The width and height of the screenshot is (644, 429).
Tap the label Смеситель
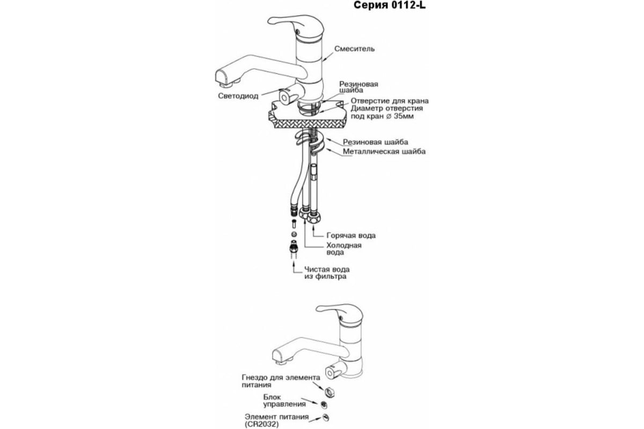coord(354,49)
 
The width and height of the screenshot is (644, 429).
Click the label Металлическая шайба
coord(385,152)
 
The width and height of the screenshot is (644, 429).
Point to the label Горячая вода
coord(352,235)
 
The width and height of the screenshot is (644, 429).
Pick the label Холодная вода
coord(344,249)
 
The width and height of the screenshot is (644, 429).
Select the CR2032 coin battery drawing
coord(325,418)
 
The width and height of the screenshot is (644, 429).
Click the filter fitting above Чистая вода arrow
coord(294,247)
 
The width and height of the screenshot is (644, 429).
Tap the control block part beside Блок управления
coord(324,404)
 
